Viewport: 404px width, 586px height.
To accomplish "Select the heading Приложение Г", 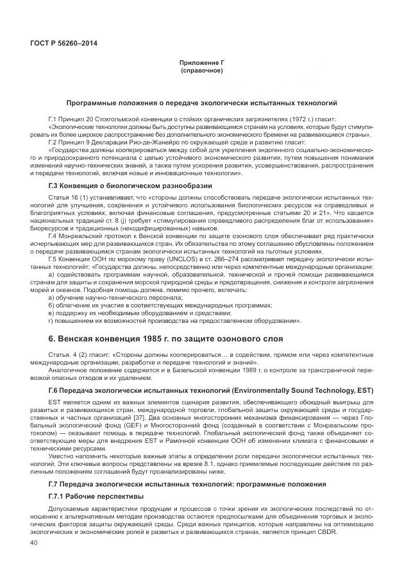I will coord(201,63).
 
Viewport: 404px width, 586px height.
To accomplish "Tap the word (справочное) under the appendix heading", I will coord(201,70).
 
